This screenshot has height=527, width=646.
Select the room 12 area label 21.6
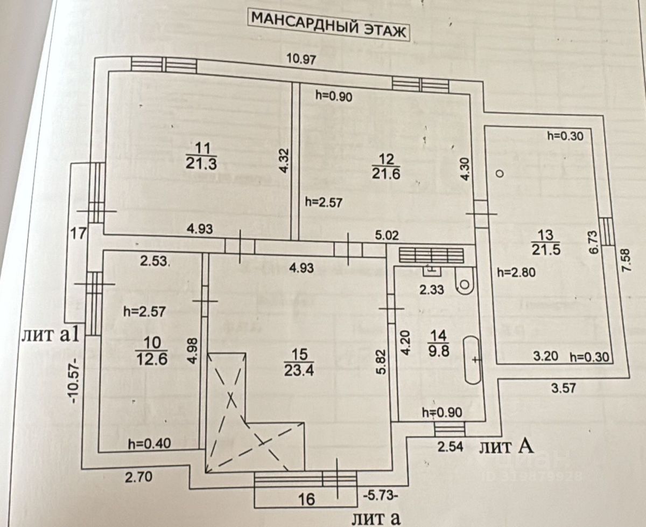click(x=387, y=172)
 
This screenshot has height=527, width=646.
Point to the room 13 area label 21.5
click(x=546, y=249)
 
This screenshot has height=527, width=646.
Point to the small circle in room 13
click(x=500, y=174)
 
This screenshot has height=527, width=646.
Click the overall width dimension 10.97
click(x=301, y=59)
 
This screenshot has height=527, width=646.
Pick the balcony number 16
click(x=306, y=499)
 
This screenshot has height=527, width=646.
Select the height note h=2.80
click(x=516, y=272)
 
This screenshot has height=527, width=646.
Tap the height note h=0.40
click(x=149, y=443)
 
